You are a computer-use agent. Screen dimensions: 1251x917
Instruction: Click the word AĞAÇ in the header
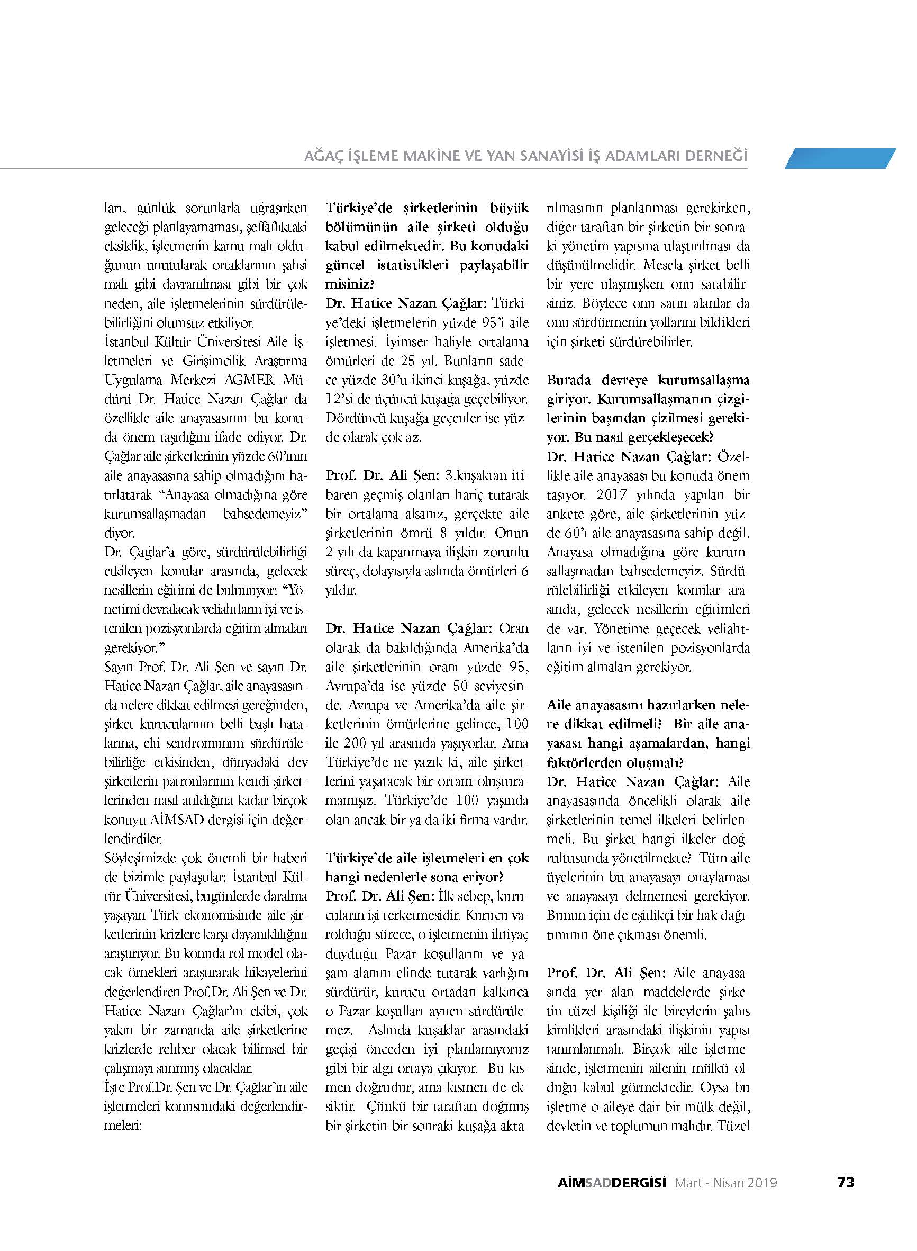pyautogui.click(x=321, y=157)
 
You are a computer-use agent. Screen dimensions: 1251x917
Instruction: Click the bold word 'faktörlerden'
pyautogui.click(x=584, y=762)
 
